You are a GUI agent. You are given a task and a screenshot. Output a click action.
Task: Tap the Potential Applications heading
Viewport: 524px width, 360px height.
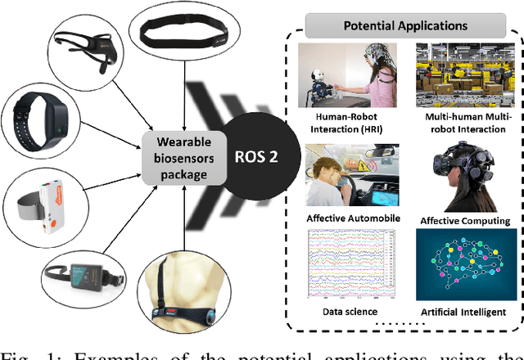[405, 25]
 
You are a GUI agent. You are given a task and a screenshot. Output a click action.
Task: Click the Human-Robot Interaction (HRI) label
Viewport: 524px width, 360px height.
[347, 122]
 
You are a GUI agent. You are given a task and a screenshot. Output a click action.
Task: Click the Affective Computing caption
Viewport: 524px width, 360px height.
[464, 220]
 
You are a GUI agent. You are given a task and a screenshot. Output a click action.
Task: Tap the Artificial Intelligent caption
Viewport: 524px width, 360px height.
[463, 311]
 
